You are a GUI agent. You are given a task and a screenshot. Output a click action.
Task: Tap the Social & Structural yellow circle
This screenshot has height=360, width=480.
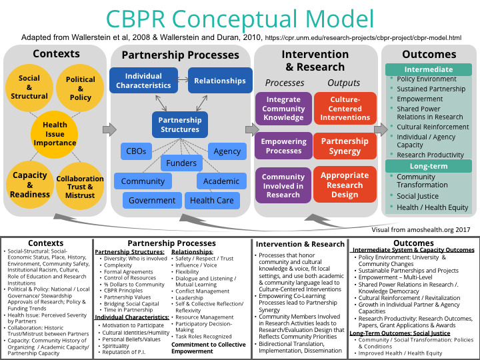tap(29, 87)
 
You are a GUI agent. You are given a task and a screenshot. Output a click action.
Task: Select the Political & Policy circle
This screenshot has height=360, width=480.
tap(81, 88)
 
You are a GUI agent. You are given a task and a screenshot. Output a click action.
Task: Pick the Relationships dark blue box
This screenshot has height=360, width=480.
tap(220, 81)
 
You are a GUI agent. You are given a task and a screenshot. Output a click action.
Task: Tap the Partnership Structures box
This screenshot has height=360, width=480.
tap(180, 125)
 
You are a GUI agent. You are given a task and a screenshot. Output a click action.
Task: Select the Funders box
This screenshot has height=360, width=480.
tap(181, 163)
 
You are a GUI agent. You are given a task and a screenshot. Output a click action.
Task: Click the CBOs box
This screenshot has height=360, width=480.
tap(136, 151)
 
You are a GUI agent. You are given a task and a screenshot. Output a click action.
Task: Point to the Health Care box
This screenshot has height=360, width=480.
tap(211, 200)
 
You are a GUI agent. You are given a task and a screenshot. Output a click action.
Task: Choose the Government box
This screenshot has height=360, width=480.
tap(152, 200)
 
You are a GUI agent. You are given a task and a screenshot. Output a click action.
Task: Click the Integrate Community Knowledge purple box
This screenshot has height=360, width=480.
tap(283, 109)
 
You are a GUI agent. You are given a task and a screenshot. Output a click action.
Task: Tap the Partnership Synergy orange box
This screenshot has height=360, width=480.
tap(345, 146)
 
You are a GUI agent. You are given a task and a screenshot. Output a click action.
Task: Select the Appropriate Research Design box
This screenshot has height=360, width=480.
tap(345, 185)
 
